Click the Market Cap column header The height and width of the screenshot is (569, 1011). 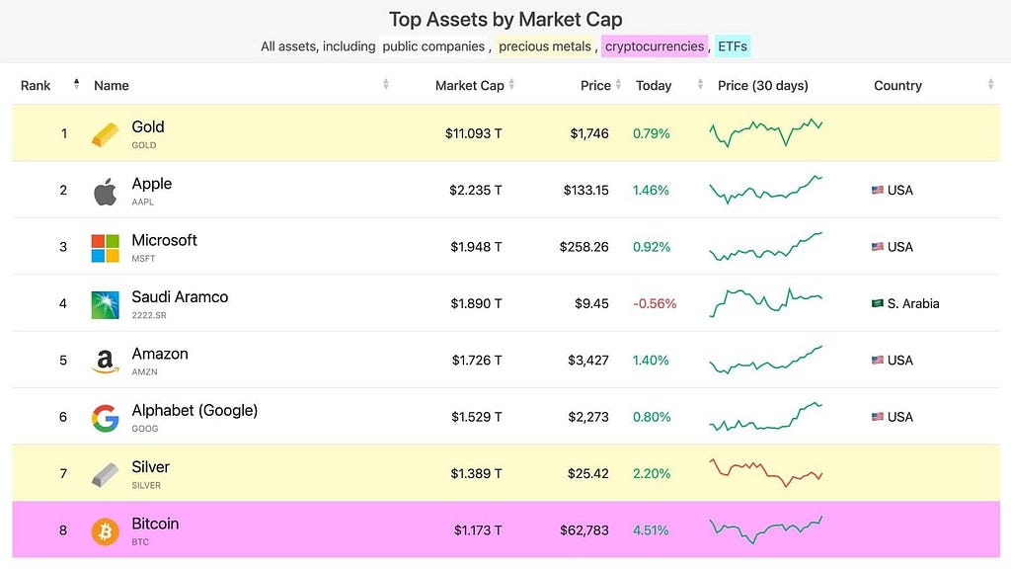[x=469, y=85]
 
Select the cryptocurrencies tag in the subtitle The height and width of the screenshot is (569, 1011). [x=655, y=46]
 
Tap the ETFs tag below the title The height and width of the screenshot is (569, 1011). [x=733, y=46]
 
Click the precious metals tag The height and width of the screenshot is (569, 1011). [x=545, y=46]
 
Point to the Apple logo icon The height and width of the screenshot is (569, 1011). [x=105, y=191]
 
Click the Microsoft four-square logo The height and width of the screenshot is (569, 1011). [x=105, y=248]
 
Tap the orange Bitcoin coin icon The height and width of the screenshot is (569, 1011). [x=105, y=531]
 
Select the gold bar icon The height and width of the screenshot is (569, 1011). [x=105, y=134]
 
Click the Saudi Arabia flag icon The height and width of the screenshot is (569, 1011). [x=878, y=303]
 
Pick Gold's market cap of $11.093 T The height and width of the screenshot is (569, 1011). [x=473, y=133]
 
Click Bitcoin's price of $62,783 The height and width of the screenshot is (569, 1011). [x=584, y=530]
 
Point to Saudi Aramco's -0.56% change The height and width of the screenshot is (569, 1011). [x=655, y=303]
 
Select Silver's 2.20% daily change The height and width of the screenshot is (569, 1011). [x=652, y=473]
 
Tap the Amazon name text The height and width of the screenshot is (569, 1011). [x=160, y=354]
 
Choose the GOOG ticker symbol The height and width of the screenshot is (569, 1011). [x=144, y=429]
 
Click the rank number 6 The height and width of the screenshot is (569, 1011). [x=63, y=417]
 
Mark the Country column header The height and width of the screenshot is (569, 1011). [x=897, y=85]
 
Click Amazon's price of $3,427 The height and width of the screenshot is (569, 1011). [x=588, y=360]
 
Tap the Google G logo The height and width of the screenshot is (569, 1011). [x=105, y=418]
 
